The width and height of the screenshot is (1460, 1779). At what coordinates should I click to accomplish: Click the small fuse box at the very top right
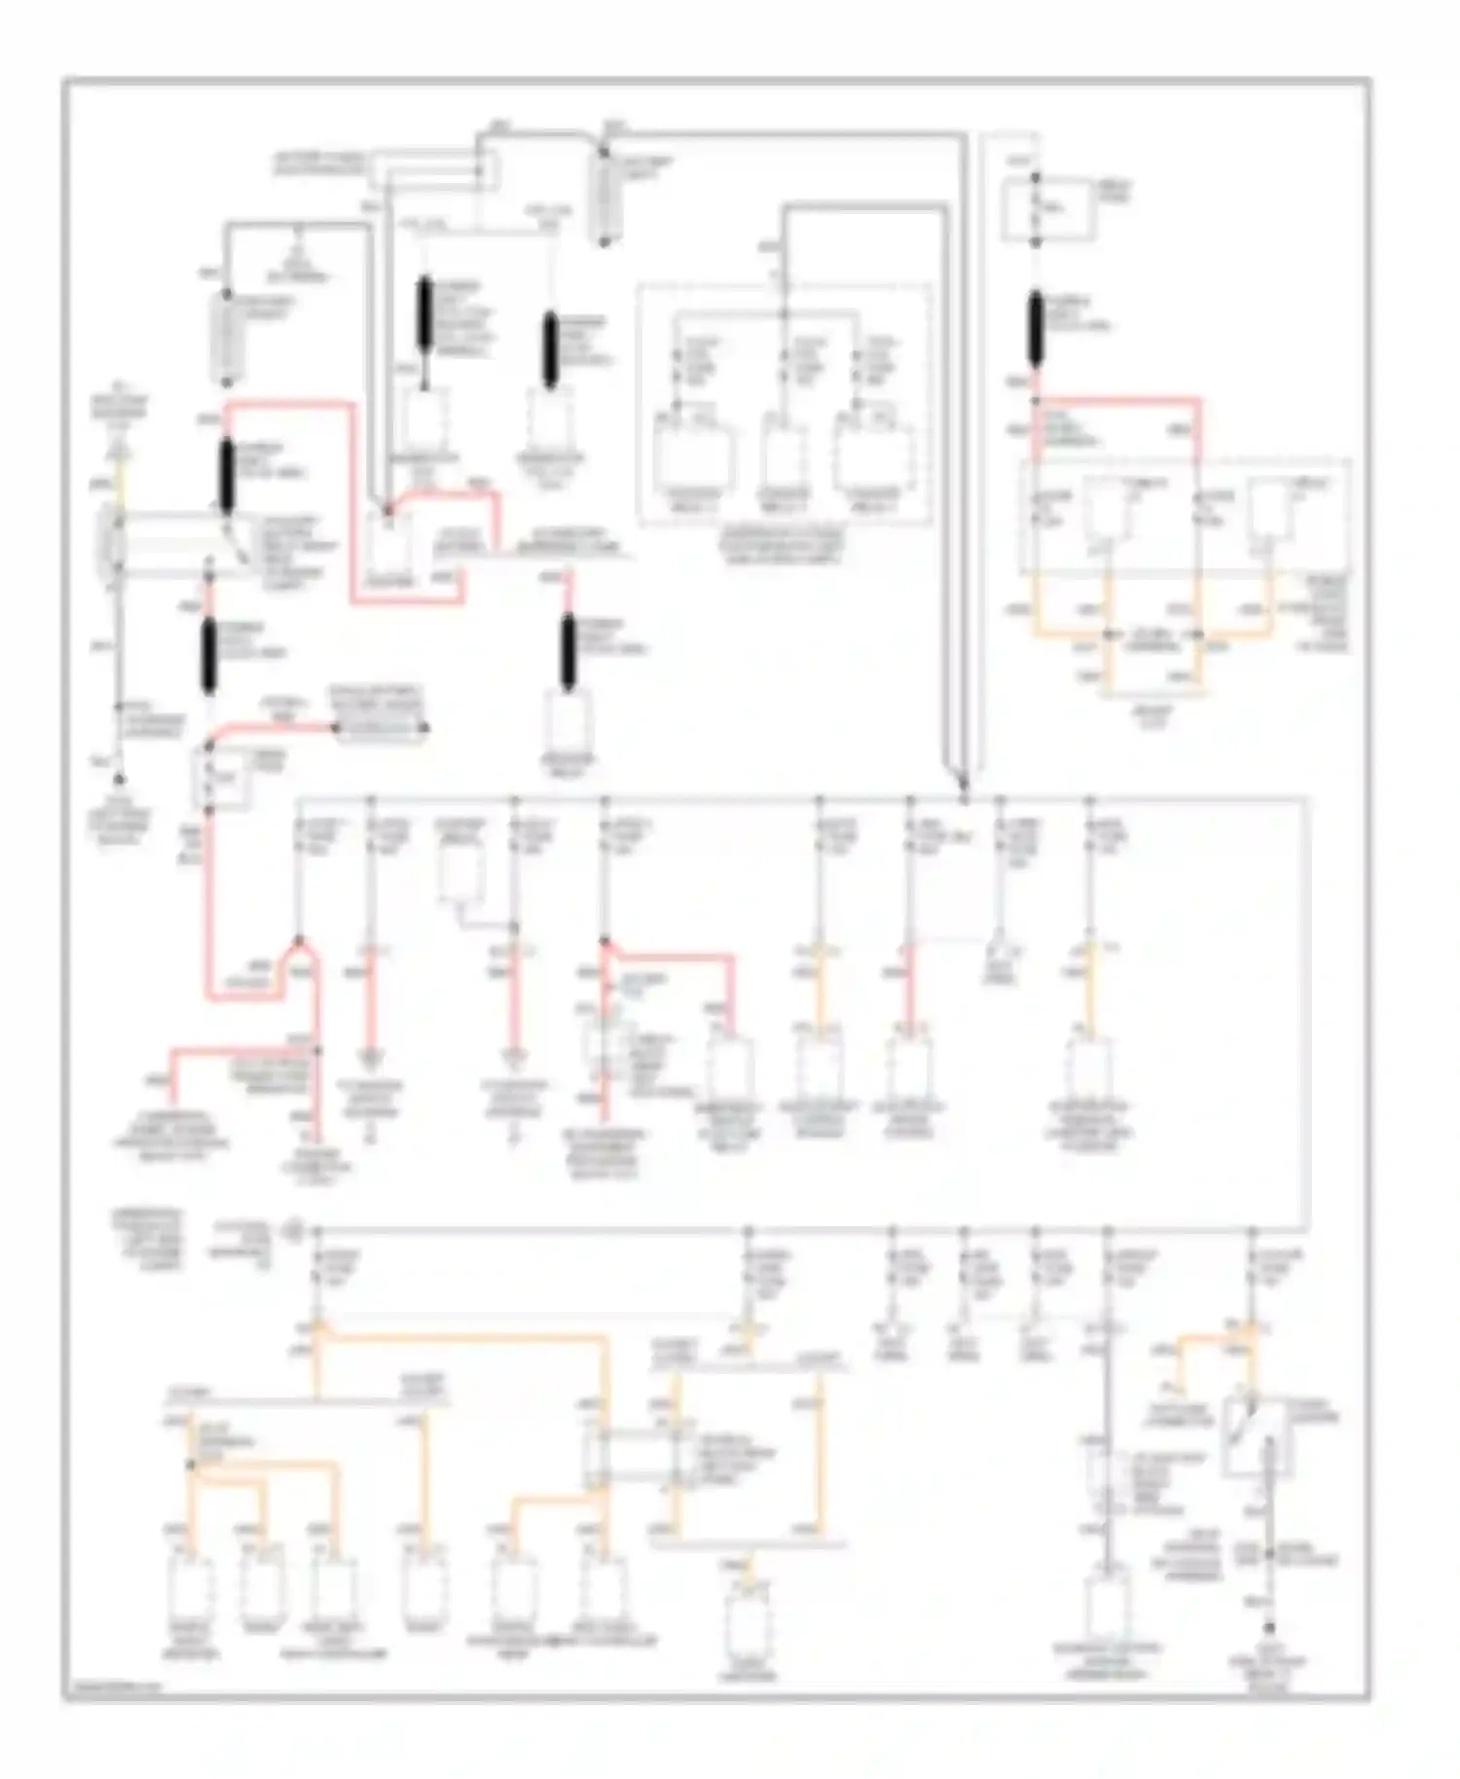tap(1037, 208)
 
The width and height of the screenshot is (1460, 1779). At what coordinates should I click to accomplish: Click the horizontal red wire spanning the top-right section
tap(1117, 399)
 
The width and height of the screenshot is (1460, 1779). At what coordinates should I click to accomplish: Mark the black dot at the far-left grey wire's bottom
tap(119, 779)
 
